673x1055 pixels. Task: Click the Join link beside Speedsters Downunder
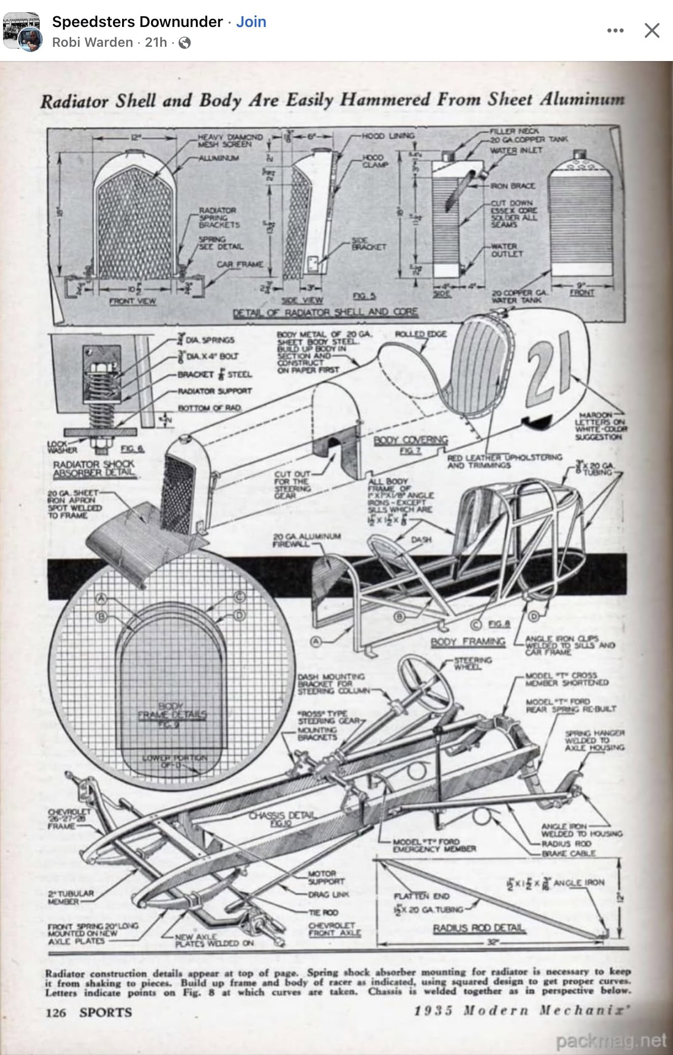pyautogui.click(x=251, y=22)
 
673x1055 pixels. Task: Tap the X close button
pyautogui.click(x=652, y=31)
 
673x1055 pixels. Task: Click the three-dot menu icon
pyautogui.click(x=615, y=31)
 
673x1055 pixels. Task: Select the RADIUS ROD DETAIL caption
pyautogui.click(x=478, y=928)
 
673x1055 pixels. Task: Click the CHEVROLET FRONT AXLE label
pyautogui.click(x=334, y=929)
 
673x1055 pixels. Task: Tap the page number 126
pyautogui.click(x=55, y=1012)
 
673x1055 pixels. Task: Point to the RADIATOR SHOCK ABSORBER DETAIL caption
pyautogui.click(x=94, y=468)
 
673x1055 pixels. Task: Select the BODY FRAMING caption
pyautogui.click(x=468, y=641)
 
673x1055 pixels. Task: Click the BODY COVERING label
pyautogui.click(x=411, y=441)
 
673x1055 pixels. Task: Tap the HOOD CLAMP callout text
pyautogui.click(x=374, y=161)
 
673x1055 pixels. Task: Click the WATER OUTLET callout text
pyautogui.click(x=504, y=250)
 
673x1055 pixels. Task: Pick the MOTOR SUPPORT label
pyautogui.click(x=326, y=877)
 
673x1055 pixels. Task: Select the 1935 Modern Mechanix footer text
pyautogui.click(x=519, y=1011)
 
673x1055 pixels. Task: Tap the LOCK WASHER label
pyautogui.click(x=62, y=447)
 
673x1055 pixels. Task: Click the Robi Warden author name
pyautogui.click(x=92, y=42)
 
